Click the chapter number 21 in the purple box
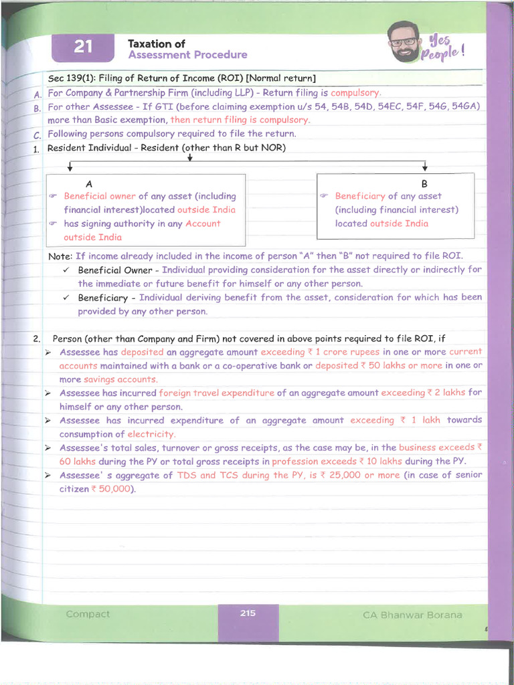83,46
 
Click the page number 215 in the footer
248,612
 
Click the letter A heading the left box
90,183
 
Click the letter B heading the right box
424,183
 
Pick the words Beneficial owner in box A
100,196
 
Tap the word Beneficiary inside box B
360,196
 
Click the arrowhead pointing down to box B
425,167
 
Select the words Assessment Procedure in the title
187,55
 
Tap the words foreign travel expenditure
216,393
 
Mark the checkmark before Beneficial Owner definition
66,270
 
